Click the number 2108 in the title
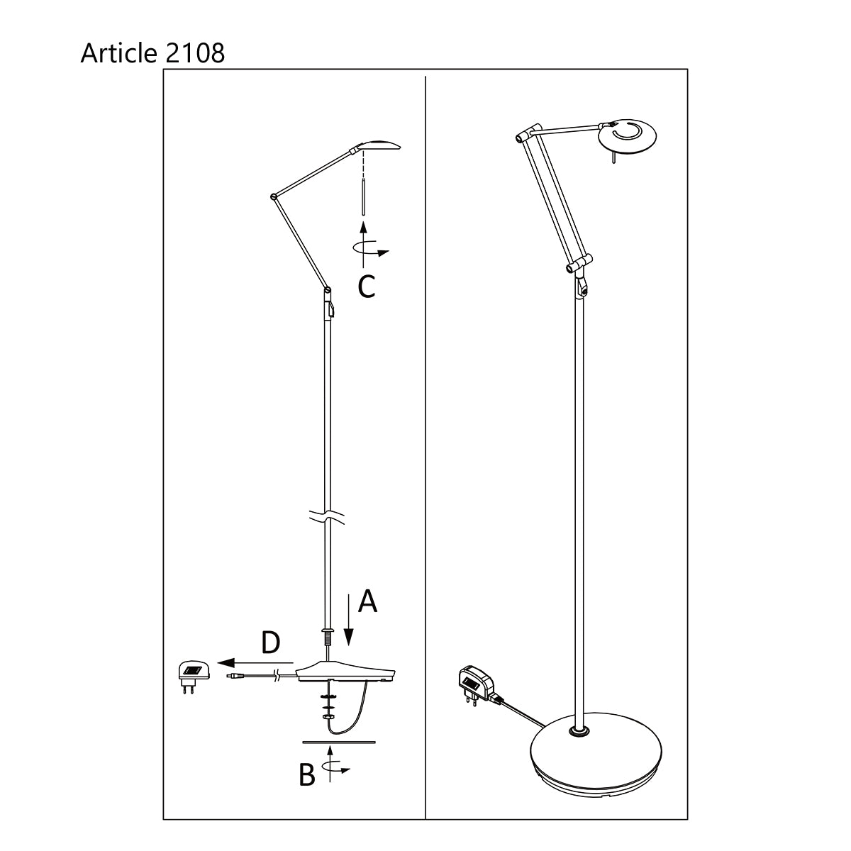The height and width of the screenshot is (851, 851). [x=194, y=53]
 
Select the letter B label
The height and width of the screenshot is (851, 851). [x=306, y=776]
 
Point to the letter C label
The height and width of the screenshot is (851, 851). [x=366, y=287]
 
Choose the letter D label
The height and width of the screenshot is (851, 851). [x=270, y=643]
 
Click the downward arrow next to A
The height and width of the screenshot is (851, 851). [x=347, y=621]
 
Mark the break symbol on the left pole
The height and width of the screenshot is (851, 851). [x=327, y=517]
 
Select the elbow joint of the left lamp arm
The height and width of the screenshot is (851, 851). [x=273, y=196]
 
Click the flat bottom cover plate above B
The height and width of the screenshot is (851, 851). [x=339, y=742]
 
